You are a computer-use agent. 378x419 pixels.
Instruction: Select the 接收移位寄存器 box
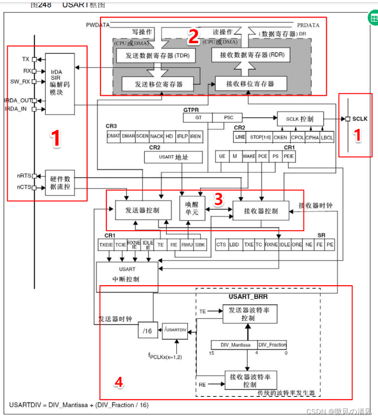250,84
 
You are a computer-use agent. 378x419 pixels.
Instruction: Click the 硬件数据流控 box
60,182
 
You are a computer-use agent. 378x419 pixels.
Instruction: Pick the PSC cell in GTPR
228,118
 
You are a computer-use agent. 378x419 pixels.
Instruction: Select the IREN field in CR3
195,136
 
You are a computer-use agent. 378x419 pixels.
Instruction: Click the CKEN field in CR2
280,137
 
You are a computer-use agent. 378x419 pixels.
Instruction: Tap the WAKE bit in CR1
249,156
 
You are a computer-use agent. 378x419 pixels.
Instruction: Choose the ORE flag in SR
297,245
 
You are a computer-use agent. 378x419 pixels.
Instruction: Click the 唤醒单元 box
192,208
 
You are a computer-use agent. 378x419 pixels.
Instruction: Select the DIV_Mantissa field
234,345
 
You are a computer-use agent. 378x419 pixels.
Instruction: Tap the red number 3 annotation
218,200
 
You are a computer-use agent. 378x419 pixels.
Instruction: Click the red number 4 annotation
119,382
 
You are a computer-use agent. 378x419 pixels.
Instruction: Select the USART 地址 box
174,157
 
